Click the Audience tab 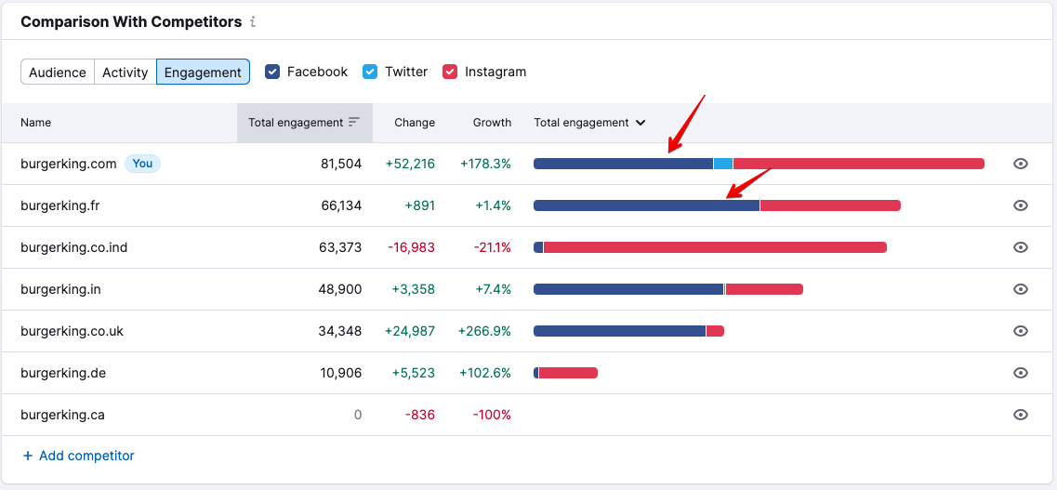pyautogui.click(x=58, y=73)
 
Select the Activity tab pyautogui.click(x=126, y=73)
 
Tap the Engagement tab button pyautogui.click(x=203, y=73)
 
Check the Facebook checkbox pyautogui.click(x=272, y=72)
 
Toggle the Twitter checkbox pyautogui.click(x=370, y=72)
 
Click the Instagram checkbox pyautogui.click(x=450, y=72)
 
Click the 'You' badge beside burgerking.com pyautogui.click(x=142, y=164)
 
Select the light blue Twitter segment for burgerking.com pyautogui.click(x=723, y=164)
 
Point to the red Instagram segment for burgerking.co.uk pyautogui.click(x=715, y=331)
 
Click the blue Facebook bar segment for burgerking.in pyautogui.click(x=628, y=289)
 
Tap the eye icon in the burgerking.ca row pyautogui.click(x=1021, y=415)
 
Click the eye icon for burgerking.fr pyautogui.click(x=1021, y=205)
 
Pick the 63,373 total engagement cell pyautogui.click(x=341, y=247)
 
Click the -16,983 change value pyautogui.click(x=411, y=247)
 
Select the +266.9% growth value pyautogui.click(x=484, y=331)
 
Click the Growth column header pyautogui.click(x=492, y=123)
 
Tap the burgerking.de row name pyautogui.click(x=63, y=373)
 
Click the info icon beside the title pyautogui.click(x=253, y=21)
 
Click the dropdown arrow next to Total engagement pyautogui.click(x=641, y=123)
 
